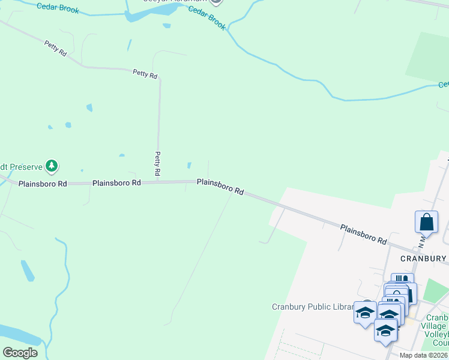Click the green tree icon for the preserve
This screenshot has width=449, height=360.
point(52,166)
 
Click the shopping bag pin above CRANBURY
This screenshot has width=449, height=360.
point(426,222)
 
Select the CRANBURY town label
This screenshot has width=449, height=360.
point(423,259)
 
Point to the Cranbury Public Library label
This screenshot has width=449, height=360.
point(312,307)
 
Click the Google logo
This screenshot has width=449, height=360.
point(20,353)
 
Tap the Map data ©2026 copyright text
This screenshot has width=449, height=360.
point(423,355)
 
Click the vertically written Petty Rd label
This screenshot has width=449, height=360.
point(157,163)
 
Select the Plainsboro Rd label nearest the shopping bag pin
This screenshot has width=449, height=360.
point(364,234)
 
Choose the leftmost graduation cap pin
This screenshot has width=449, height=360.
point(364,313)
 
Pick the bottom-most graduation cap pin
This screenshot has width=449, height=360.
point(385,331)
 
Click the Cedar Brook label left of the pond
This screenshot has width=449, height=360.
point(58,8)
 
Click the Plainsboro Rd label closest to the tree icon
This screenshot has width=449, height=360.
point(42,184)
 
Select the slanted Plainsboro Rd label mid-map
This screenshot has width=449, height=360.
point(220,187)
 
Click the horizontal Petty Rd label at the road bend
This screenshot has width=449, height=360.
point(145,74)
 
